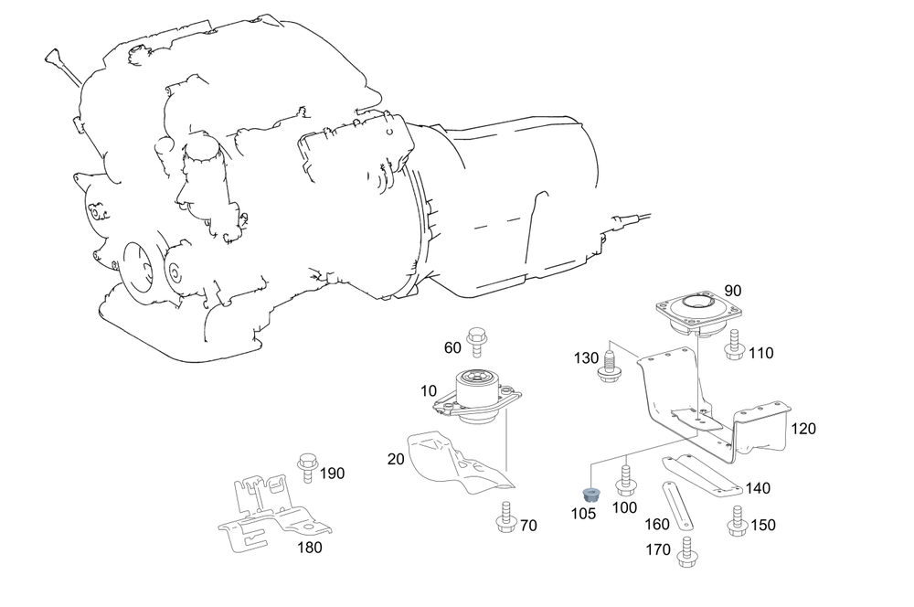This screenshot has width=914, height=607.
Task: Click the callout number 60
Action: [x=453, y=347]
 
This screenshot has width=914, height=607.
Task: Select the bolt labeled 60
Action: [x=476, y=342]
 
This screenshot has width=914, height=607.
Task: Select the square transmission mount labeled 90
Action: [x=697, y=314]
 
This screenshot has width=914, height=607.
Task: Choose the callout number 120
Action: [x=803, y=428]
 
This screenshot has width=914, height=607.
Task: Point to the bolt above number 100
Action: [x=626, y=478]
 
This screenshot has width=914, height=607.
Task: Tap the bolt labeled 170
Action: [x=686, y=548]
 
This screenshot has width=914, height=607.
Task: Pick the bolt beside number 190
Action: [x=306, y=466]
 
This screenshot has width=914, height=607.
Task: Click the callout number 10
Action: [x=429, y=391]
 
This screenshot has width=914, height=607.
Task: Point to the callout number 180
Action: [x=310, y=548]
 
